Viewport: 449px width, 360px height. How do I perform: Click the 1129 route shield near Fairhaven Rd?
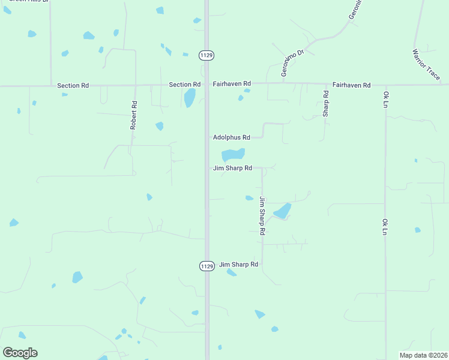206,55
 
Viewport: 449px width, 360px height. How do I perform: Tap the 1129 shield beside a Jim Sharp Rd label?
206,265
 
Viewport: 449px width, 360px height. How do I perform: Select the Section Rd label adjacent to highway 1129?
184,85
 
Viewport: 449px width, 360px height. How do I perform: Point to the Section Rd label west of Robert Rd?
73,86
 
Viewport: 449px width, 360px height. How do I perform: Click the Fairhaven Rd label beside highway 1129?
231,85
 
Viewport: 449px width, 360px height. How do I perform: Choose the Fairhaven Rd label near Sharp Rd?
351,85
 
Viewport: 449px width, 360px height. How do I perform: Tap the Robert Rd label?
134,115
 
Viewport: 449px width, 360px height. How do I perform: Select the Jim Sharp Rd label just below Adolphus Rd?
232,169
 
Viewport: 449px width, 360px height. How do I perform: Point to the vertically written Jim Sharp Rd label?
262,215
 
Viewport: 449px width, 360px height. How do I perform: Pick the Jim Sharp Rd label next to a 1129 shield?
238,264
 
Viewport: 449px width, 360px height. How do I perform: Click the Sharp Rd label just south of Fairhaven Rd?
326,104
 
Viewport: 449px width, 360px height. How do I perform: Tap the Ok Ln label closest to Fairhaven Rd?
386,100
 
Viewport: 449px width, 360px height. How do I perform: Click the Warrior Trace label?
426,62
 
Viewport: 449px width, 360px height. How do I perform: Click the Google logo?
20,353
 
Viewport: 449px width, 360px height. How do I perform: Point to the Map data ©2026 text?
423,355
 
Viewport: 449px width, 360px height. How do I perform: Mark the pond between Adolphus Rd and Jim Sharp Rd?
233,155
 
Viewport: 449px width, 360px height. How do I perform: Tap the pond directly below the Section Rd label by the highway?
190,98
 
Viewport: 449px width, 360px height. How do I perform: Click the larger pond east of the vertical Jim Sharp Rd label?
282,211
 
